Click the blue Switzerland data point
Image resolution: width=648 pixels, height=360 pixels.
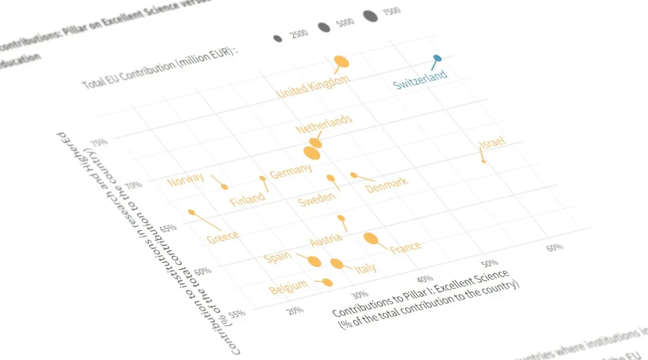pyautogui.click(x=437, y=59)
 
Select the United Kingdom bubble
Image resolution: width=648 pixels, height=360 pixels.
pyautogui.click(x=341, y=61)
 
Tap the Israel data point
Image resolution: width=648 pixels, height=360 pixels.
pyautogui.click(x=484, y=161)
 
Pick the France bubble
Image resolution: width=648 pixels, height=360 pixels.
pyautogui.click(x=371, y=239)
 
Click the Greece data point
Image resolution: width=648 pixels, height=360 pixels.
pyautogui.click(x=191, y=212)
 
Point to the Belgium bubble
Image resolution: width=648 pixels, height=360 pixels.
pyautogui.click(x=327, y=282)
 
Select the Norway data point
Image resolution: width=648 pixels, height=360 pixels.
pyautogui.click(x=225, y=186)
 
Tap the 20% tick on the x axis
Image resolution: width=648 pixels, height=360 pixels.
pyautogui.click(x=295, y=310)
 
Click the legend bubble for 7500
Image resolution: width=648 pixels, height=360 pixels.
pyautogui.click(x=370, y=16)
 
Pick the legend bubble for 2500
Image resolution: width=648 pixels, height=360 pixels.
pyautogui.click(x=278, y=38)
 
